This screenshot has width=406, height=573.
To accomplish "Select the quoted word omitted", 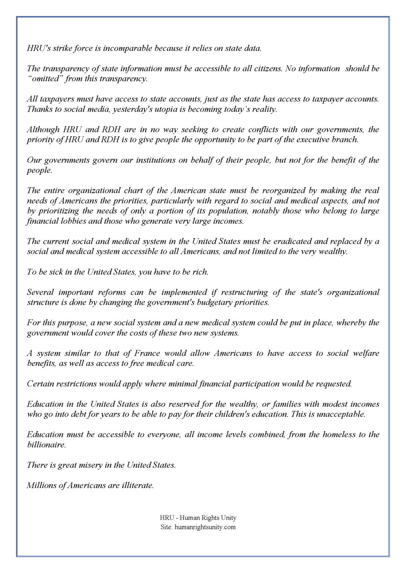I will coord(46,79).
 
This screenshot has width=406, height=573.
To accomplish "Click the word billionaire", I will coord(46,445).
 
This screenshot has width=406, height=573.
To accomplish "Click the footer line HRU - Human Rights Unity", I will coord(198,518).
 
